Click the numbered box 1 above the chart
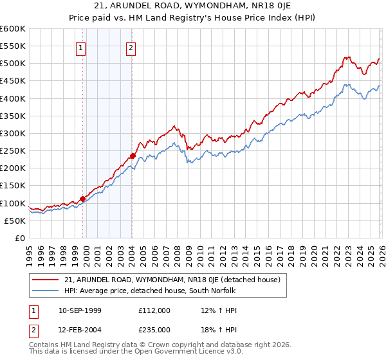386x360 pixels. [81, 47]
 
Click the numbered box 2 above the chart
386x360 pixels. [131, 47]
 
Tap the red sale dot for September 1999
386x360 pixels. [82, 199]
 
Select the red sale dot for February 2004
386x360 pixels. [132, 156]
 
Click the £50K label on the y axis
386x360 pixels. [15, 221]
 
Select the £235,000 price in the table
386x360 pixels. [154, 329]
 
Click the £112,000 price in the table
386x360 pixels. [154, 310]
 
